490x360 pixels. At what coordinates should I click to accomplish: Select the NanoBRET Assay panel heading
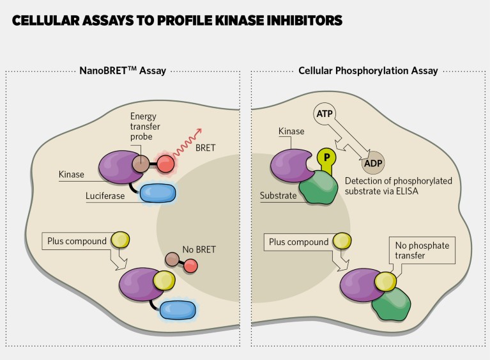[x=123, y=71]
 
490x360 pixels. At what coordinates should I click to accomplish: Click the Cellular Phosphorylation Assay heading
[x=368, y=71]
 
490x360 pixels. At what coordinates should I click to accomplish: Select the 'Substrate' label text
[x=279, y=196]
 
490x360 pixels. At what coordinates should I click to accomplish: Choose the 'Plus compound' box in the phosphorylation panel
[x=299, y=242]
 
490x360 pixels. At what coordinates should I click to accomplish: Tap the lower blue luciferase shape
[x=180, y=309]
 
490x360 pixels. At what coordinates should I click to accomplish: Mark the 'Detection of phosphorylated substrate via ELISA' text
[x=407, y=185]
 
